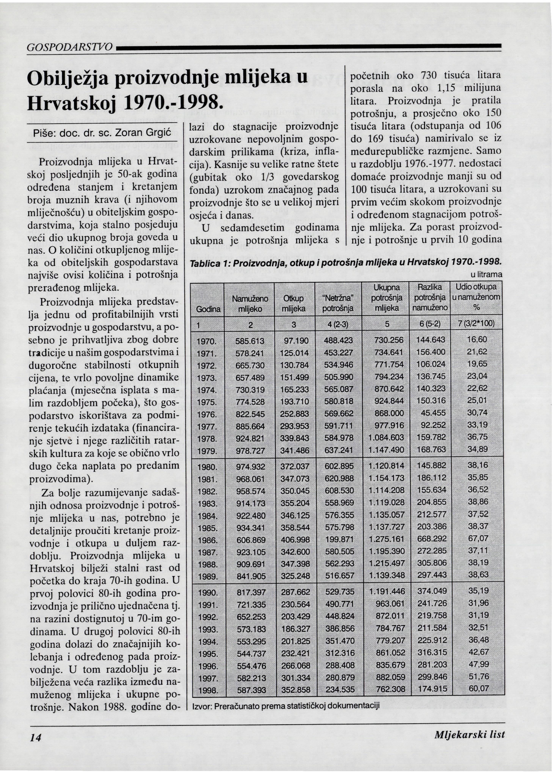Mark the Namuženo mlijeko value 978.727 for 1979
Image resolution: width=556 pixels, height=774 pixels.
(250, 451)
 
